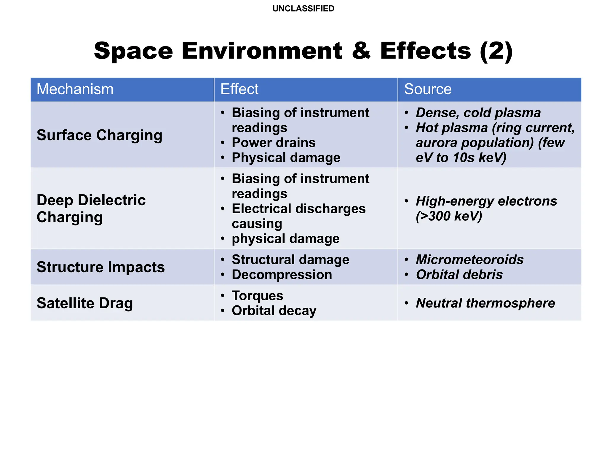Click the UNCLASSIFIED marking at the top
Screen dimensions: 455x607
(x=303, y=9)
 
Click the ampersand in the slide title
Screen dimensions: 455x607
(x=361, y=51)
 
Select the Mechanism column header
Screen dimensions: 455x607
(x=75, y=89)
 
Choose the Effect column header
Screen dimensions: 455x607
(x=239, y=89)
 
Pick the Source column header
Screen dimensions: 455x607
(x=428, y=89)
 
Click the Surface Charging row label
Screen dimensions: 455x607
(x=99, y=135)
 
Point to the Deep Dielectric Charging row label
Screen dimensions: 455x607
(x=91, y=209)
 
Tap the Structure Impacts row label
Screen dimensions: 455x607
(x=100, y=267)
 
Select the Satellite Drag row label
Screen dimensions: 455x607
(x=85, y=303)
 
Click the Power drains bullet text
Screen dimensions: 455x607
(x=274, y=143)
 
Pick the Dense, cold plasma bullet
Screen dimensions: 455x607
(x=478, y=113)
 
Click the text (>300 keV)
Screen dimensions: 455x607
(x=449, y=216)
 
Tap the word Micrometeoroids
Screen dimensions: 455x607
(x=470, y=260)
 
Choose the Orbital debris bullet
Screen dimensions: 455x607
(x=459, y=275)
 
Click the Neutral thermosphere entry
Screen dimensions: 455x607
(x=485, y=303)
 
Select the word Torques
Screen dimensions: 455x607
(x=257, y=296)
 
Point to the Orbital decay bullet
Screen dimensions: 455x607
(x=274, y=311)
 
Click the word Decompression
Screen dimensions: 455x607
(x=282, y=275)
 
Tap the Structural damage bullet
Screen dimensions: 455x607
(x=290, y=260)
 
